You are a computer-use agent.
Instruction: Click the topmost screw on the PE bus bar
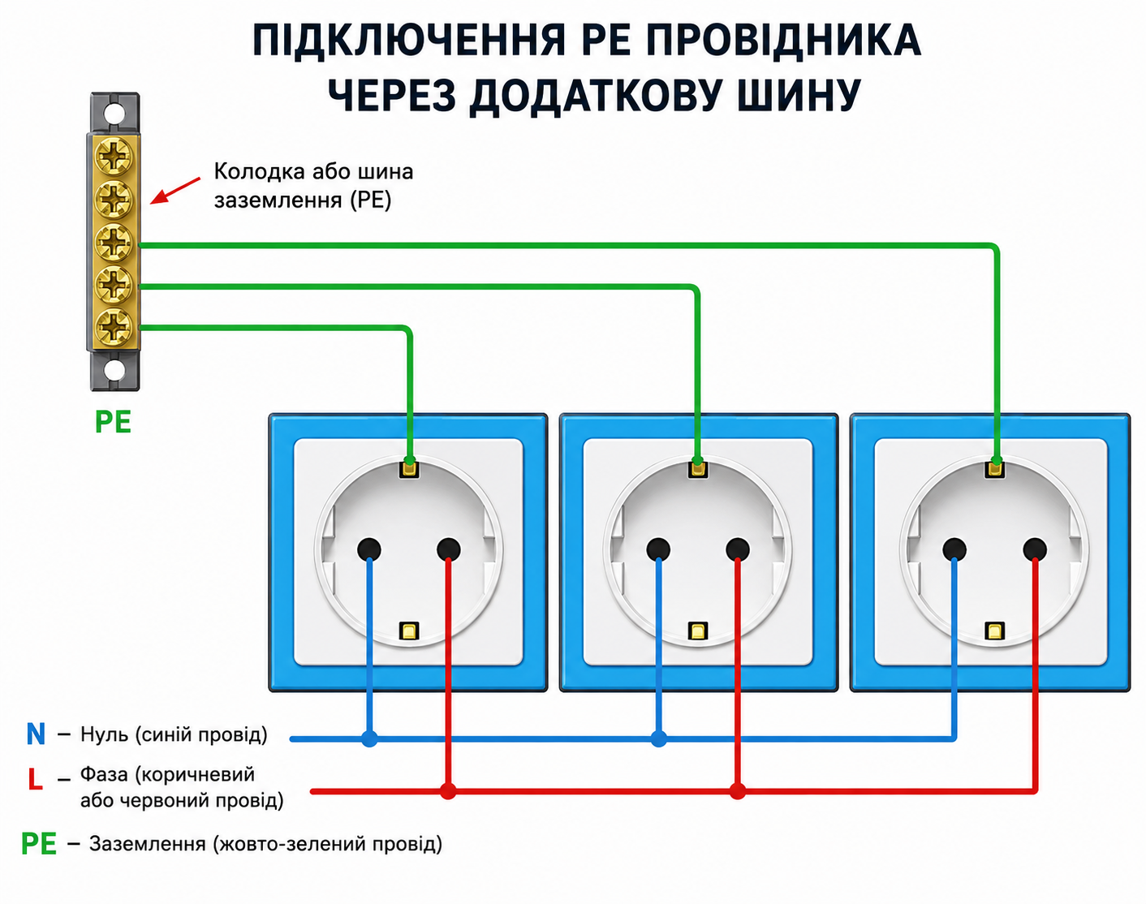[x=113, y=156]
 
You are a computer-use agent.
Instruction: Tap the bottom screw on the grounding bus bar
[x=113, y=327]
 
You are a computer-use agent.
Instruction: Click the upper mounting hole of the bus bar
[x=114, y=114]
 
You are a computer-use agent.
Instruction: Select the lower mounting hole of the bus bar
[x=114, y=369]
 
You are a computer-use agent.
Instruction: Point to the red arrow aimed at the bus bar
[x=175, y=191]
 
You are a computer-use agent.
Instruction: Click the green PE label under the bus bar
[x=113, y=422]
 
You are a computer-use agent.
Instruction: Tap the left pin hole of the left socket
[x=369, y=549]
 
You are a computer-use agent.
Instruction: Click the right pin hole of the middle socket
[x=738, y=549]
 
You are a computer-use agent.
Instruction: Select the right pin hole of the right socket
[x=1035, y=549]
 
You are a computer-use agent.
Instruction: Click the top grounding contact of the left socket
[x=409, y=469]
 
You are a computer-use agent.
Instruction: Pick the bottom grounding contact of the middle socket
[x=698, y=631]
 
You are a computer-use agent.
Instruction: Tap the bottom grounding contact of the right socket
[x=994, y=631]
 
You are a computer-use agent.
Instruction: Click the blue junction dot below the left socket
[x=369, y=739]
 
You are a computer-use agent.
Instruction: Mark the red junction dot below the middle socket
[x=738, y=791]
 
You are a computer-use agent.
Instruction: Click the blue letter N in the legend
[x=36, y=734]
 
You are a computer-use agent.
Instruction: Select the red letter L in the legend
[x=35, y=779]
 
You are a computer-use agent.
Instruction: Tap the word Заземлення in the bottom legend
[x=148, y=845]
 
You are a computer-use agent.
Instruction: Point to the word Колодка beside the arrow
[x=260, y=171]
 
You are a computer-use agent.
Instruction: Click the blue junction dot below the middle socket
[x=659, y=739]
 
